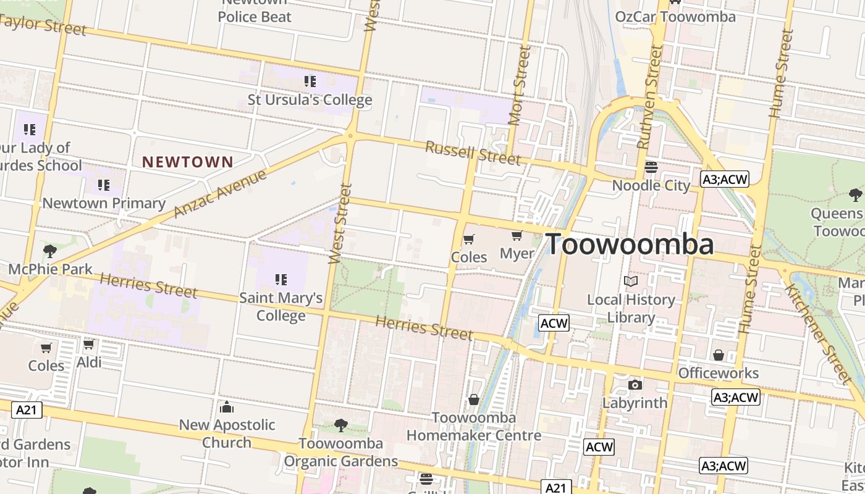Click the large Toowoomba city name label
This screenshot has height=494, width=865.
[630, 245]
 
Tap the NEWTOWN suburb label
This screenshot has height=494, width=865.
[188, 162]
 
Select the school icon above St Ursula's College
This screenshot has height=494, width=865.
[310, 81]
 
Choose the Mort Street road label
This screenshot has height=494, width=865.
[519, 85]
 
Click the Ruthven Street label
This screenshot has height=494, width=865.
[650, 97]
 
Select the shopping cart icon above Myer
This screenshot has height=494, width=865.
[517, 235]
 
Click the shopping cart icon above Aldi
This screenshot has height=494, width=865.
[89, 344]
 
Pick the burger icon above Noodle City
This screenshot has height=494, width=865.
[651, 167]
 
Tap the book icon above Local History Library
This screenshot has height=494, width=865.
[630, 282]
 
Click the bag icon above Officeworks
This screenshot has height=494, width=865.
[718, 355]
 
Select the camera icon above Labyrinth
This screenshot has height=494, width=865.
[635, 385]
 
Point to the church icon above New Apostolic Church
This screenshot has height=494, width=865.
[227, 407]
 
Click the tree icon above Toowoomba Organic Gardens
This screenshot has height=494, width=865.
[340, 425]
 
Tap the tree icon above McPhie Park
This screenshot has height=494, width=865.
[50, 251]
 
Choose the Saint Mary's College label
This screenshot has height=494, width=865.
[281, 306]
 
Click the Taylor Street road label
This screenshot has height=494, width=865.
[43, 25]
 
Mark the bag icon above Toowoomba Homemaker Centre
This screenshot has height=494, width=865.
[474, 400]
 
